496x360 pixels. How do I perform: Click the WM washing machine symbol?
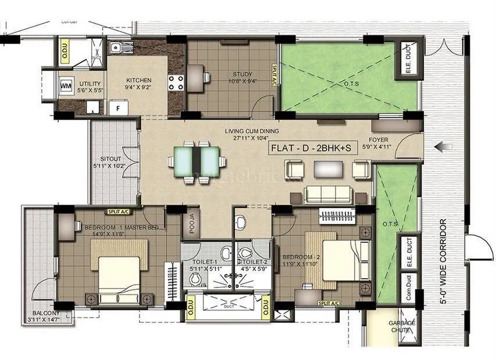(x=65, y=85)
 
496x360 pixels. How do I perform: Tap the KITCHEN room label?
(x=138, y=80)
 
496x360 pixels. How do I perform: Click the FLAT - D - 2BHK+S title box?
(x=310, y=147)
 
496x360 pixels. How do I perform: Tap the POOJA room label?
(x=188, y=223)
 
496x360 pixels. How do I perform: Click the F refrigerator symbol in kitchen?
(x=118, y=107)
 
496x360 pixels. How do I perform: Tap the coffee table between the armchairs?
(x=328, y=168)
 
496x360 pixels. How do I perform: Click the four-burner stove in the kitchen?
(x=176, y=82)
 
